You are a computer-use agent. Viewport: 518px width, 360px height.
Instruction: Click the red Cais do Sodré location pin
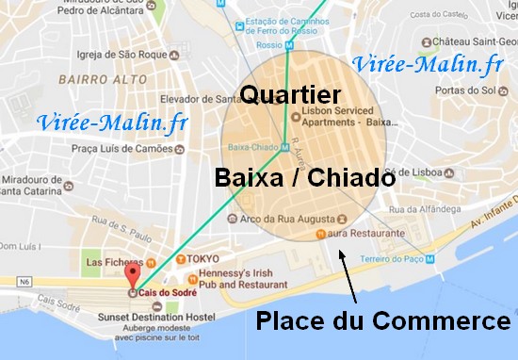131,275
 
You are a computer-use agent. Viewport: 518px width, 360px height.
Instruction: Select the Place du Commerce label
383,321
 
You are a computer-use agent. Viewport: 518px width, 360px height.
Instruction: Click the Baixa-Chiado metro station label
251,147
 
